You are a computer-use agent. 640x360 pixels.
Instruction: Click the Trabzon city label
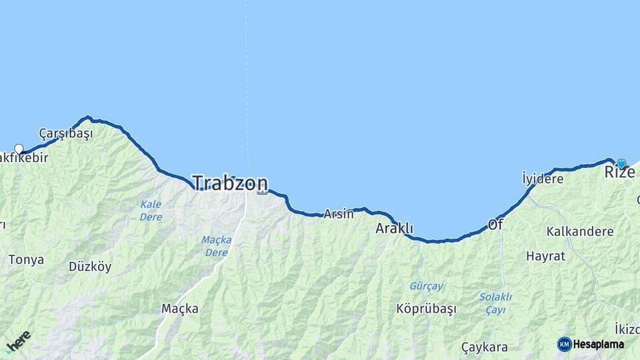[230, 183]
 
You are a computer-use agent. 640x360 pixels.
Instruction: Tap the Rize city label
[619, 173]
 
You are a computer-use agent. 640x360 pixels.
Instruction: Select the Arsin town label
[339, 214]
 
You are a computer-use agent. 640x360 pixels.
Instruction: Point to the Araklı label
[395, 228]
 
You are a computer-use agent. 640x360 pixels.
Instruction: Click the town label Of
[495, 225]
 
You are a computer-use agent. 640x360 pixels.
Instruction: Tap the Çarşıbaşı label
[66, 133]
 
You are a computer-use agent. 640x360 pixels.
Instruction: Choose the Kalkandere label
[579, 232]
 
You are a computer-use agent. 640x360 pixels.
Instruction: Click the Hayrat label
[545, 256]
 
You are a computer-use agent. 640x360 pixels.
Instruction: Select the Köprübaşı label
[426, 309]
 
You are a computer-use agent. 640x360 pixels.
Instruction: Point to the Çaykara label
[485, 347]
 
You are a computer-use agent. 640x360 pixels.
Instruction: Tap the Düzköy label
[90, 267]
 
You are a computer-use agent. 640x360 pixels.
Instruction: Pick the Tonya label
[26, 260]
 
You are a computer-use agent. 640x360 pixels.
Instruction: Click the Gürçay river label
[426, 286]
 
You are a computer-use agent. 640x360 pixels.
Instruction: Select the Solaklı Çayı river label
[495, 303]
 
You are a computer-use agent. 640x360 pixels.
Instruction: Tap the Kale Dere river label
[151, 210]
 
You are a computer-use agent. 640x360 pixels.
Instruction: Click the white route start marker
[19, 149]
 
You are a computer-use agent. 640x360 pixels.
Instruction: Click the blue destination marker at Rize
[621, 163]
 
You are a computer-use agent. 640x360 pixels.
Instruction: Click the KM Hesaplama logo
[591, 344]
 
